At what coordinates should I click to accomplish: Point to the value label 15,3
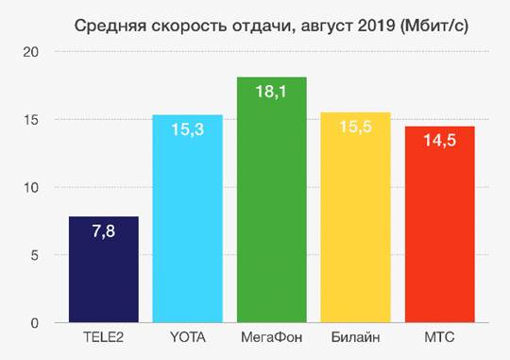188,129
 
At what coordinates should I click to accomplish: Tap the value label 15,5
356,127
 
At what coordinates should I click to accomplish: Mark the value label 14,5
440,141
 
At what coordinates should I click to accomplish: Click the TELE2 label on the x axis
103,337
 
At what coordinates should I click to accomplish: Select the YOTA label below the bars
188,337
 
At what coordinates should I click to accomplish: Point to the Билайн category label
356,337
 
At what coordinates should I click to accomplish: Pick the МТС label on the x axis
440,337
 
